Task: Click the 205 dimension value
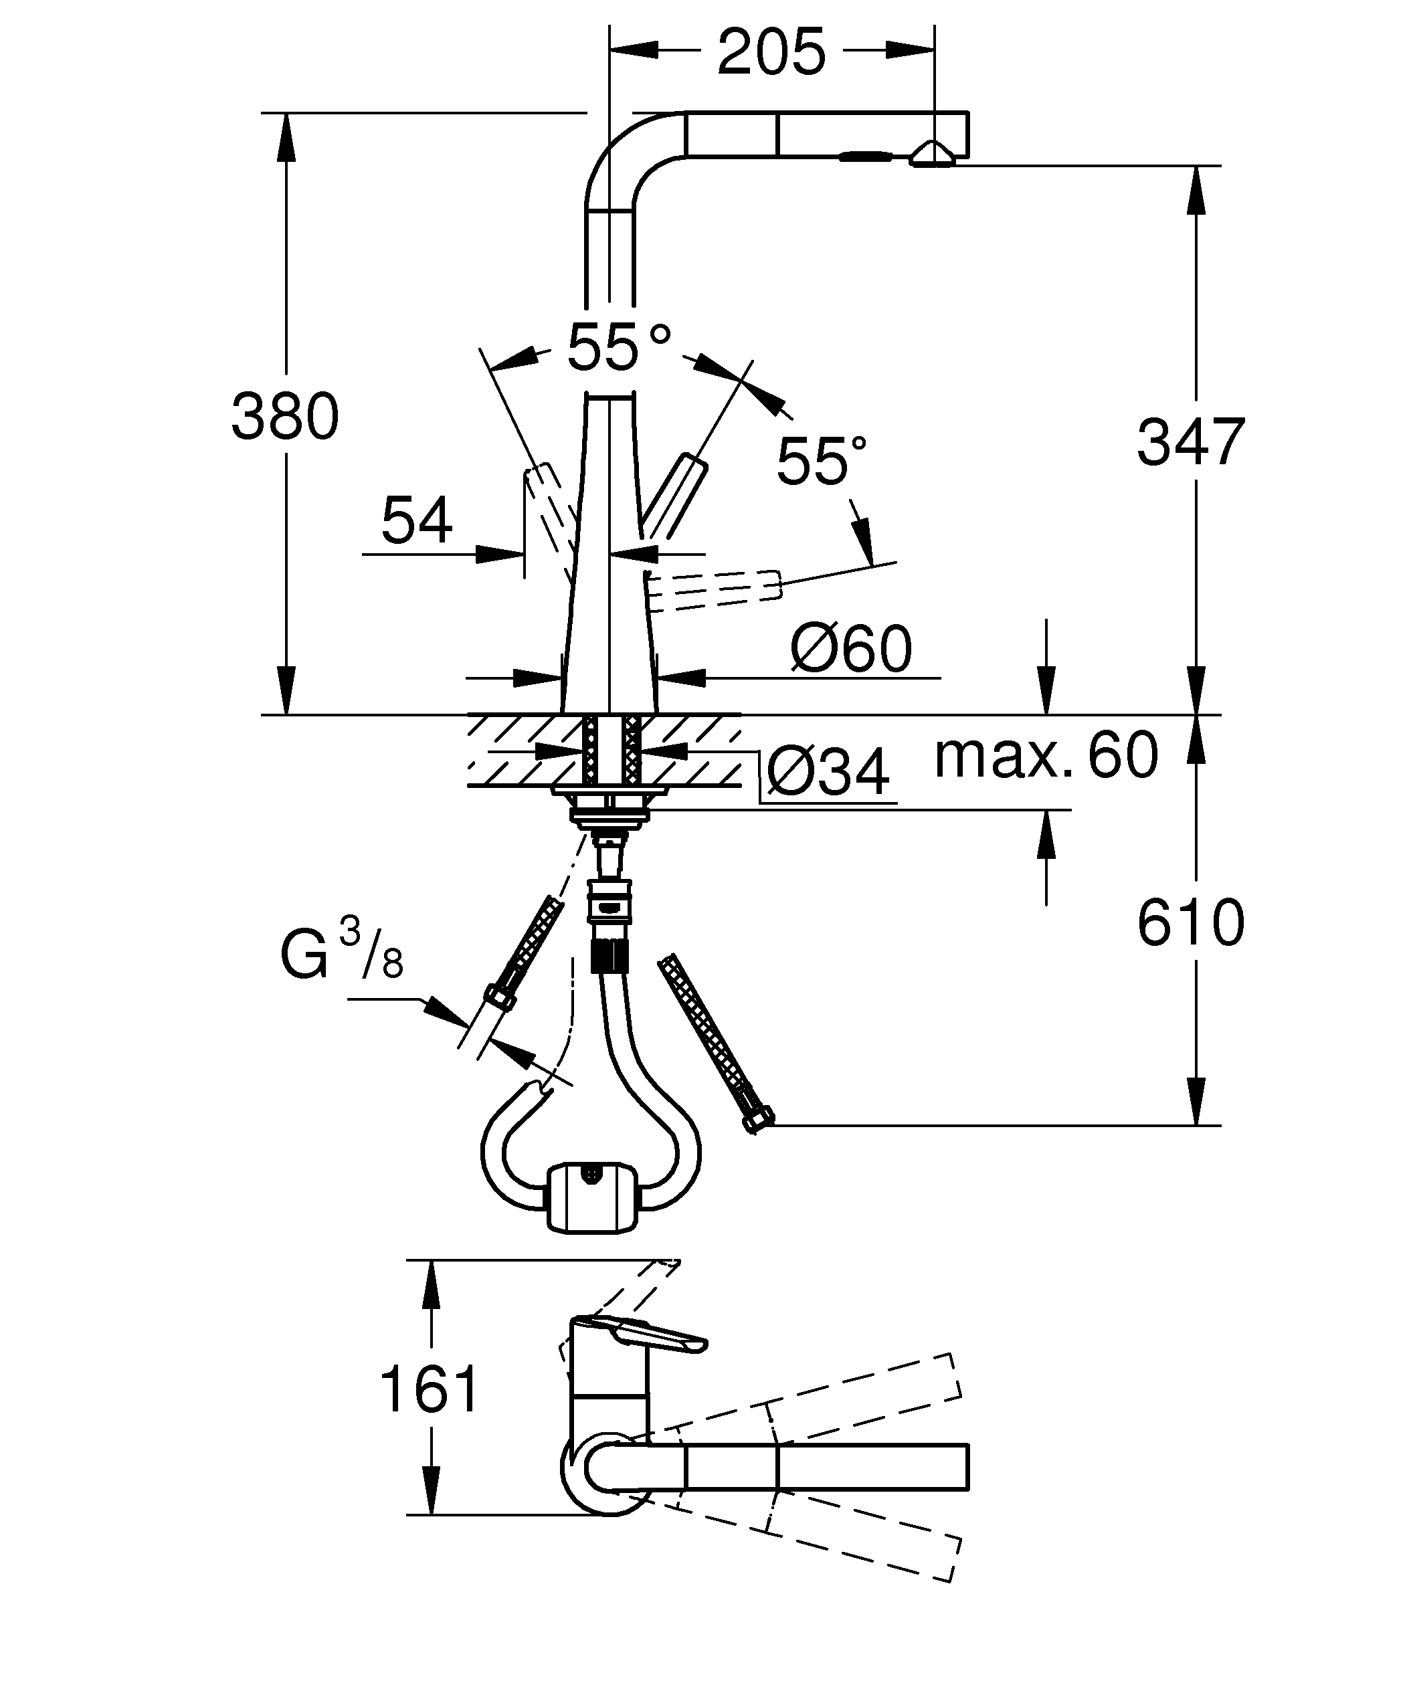(771, 52)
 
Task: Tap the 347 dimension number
(1190, 441)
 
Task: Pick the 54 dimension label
(417, 520)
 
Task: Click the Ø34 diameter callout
(828, 772)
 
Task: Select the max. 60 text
(1046, 755)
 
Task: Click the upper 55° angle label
(618, 347)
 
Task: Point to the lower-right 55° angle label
(821, 462)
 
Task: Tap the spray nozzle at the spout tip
(931, 155)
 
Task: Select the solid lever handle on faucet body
(674, 498)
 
